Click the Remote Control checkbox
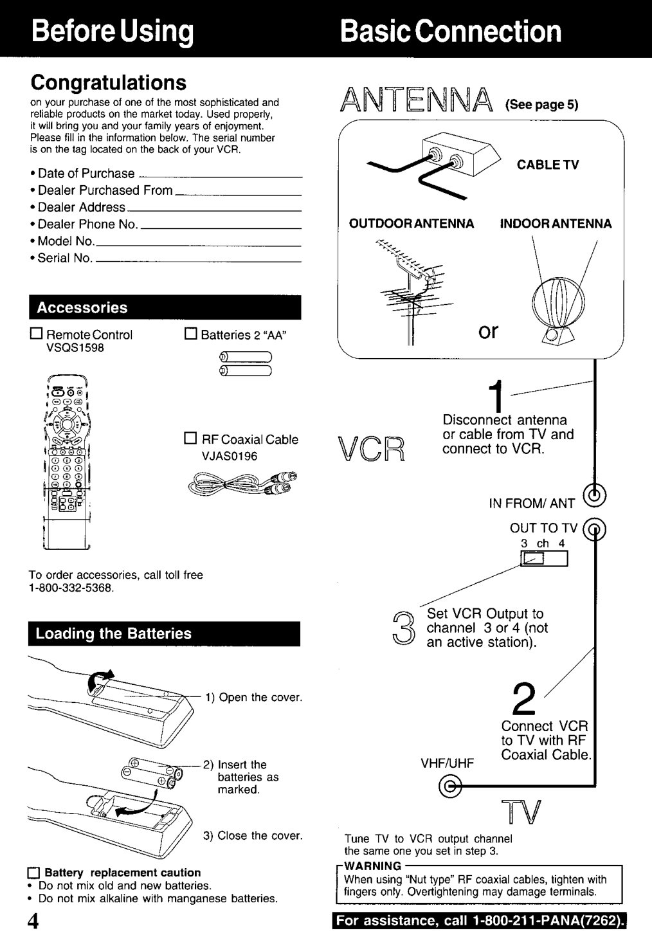(36, 333)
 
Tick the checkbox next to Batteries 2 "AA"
(190, 333)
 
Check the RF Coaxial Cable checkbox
(190, 439)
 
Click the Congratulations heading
(108, 82)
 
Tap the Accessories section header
(165, 307)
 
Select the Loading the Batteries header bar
(164, 633)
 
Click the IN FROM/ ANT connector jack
(594, 495)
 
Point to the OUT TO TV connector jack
(594, 529)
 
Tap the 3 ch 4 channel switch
(544, 558)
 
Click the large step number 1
(498, 396)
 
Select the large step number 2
(524, 700)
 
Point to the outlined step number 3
(404, 628)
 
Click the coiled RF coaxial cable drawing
(242, 482)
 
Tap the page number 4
(33, 921)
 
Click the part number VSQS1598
(75, 348)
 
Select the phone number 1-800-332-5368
(71, 588)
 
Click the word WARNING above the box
(372, 866)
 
